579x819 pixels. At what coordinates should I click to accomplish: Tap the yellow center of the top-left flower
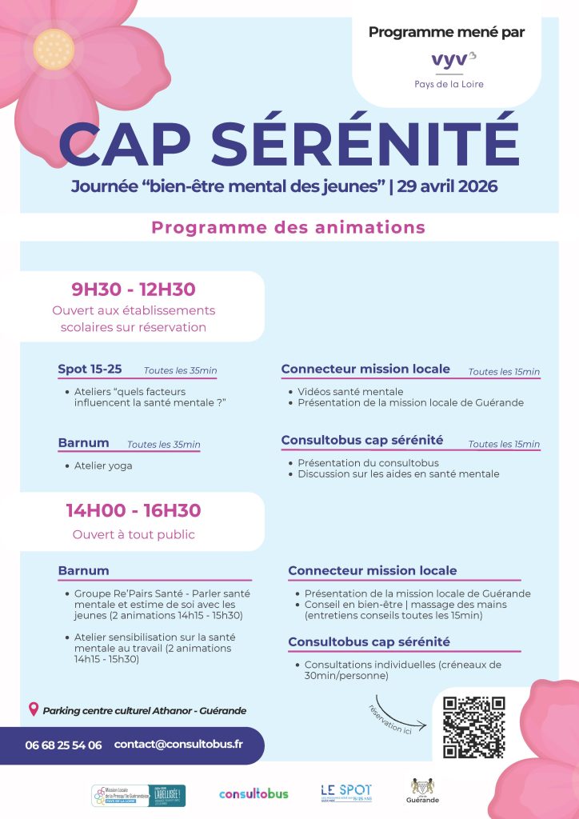53,48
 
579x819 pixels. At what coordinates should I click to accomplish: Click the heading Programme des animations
289,227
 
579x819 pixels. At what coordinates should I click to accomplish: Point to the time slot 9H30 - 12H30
134,290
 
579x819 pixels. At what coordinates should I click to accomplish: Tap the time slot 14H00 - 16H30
134,510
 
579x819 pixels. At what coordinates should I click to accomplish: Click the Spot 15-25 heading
90,369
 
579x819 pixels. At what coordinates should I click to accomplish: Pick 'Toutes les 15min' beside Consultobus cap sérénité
504,444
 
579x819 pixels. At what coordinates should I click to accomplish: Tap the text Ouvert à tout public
134,534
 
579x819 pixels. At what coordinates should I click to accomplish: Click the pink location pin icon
33,709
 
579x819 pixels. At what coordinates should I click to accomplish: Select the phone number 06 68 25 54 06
63,745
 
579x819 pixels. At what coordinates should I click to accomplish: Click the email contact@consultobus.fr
178,744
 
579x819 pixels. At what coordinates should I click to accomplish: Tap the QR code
474,727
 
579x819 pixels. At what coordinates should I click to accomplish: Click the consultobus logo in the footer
254,793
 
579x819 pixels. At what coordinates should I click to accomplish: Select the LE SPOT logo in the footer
346,792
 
